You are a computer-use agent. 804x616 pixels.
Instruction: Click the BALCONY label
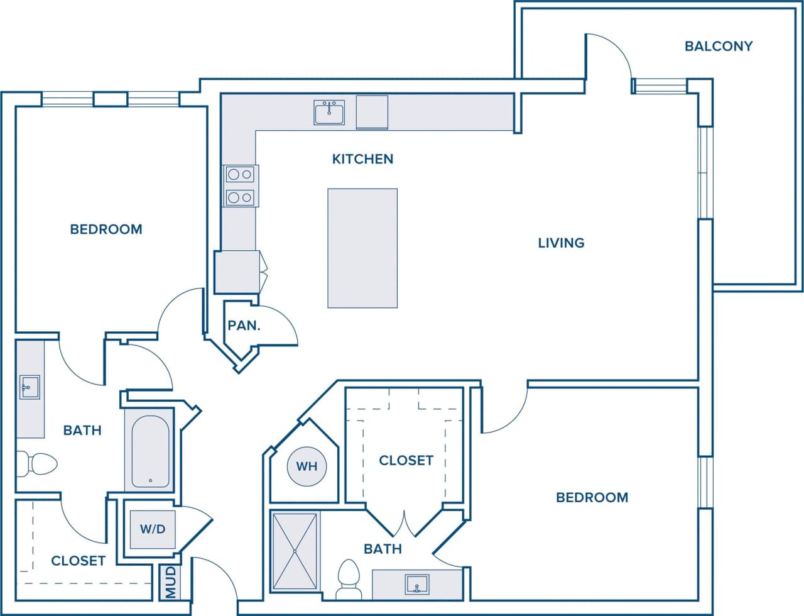718,46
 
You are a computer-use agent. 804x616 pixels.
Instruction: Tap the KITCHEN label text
362,159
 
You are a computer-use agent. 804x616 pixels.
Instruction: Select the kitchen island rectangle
362,248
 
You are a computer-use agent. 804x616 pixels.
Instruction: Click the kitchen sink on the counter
329,113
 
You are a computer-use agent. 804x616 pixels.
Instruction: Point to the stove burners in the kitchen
240,186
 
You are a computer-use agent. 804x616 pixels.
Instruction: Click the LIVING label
561,243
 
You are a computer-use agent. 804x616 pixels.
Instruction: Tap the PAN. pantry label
244,326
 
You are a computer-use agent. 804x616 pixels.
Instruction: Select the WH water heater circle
307,466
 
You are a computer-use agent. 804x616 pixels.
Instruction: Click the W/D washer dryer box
153,529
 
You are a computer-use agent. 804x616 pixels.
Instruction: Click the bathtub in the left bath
151,450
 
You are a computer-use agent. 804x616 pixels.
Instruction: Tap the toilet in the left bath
37,464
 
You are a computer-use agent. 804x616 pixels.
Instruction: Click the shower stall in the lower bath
295,551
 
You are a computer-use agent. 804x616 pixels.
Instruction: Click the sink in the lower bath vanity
416,584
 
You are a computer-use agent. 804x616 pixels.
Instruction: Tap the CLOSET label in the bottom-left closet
78,561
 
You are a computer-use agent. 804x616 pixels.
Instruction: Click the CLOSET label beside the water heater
406,460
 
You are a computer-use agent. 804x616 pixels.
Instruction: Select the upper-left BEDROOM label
106,229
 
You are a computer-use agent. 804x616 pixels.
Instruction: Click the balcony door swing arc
612,50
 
